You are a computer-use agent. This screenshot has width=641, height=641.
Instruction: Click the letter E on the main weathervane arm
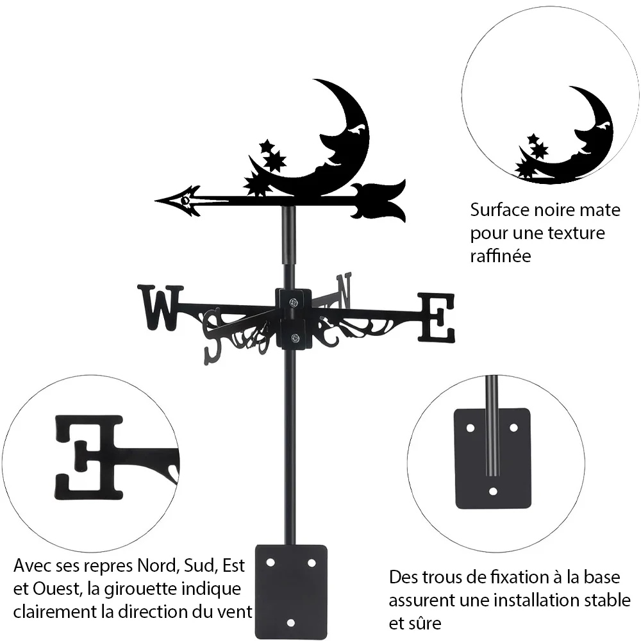click(436, 317)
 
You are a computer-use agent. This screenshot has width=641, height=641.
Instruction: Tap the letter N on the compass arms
click(344, 290)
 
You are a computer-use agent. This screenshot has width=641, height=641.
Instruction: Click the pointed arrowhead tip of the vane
click(156, 201)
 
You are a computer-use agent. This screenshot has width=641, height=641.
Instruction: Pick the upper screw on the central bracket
click(294, 303)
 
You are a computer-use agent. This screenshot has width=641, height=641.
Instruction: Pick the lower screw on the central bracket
click(294, 338)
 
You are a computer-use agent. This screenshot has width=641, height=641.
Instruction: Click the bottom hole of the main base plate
click(290, 623)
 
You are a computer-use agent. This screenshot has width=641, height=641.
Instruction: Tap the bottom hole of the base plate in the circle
click(493, 491)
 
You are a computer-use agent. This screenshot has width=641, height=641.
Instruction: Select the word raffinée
click(501, 256)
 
